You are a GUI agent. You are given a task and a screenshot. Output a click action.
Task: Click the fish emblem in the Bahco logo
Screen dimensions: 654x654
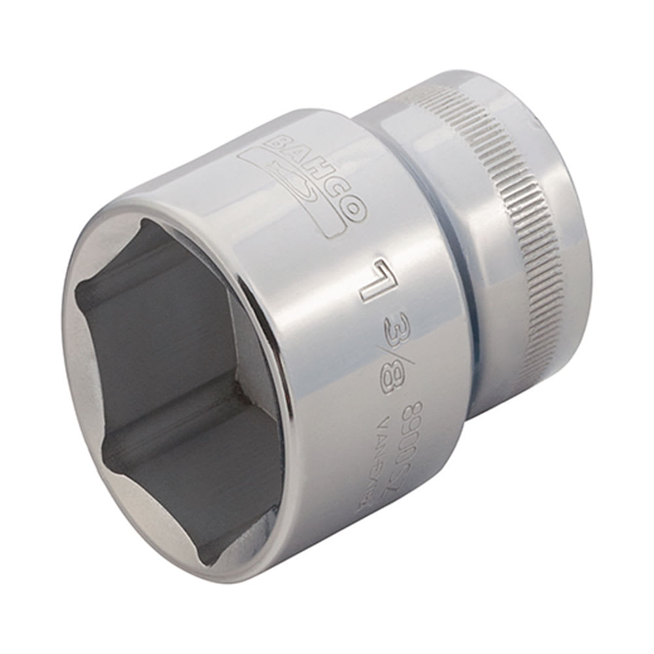tap(298, 190)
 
